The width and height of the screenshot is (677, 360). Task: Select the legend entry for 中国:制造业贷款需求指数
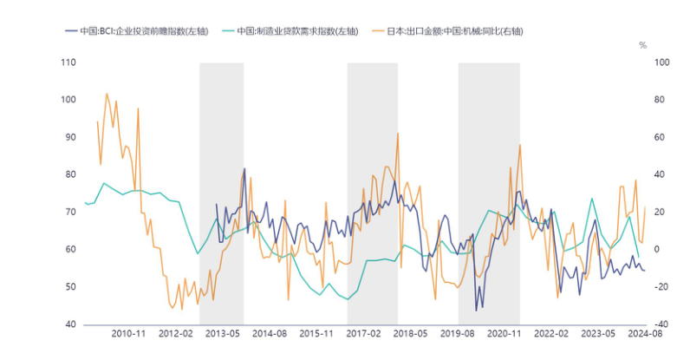pos(294,30)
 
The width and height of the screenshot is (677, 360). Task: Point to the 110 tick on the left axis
pos(68,62)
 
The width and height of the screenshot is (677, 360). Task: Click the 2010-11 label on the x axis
pos(128,333)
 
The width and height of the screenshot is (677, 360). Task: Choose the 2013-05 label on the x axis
pos(223,333)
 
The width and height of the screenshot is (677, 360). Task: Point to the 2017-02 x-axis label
pos(364,333)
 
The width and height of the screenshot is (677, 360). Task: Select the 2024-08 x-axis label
pos(645,333)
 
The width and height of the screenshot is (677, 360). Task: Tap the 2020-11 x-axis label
pos(505,333)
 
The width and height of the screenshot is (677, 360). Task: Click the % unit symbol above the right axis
pos(642,44)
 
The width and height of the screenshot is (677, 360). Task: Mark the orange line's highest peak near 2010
pos(107,94)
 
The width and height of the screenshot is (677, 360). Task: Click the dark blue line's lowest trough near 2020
pos(476,310)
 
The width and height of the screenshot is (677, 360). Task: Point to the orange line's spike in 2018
pos(398,134)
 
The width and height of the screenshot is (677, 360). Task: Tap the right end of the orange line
pos(645,207)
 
